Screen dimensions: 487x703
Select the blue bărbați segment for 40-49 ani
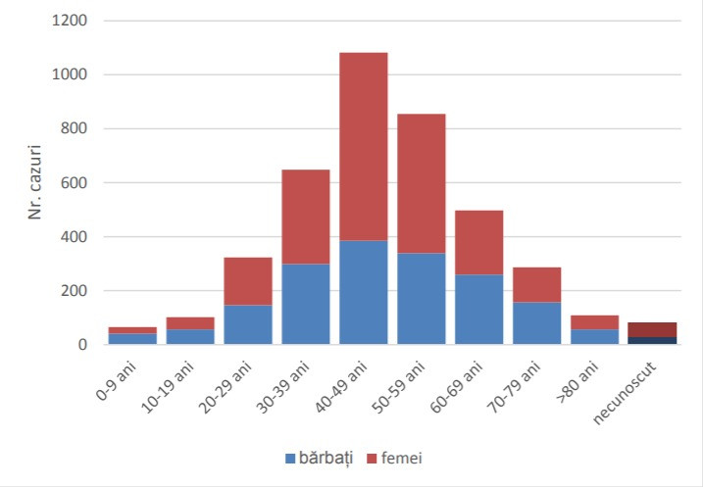click(x=363, y=292)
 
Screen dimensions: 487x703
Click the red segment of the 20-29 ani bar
click(x=247, y=281)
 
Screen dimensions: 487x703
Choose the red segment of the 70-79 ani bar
click(x=536, y=284)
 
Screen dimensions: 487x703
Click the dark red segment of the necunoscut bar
click(x=653, y=329)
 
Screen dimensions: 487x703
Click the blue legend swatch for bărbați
click(x=289, y=457)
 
